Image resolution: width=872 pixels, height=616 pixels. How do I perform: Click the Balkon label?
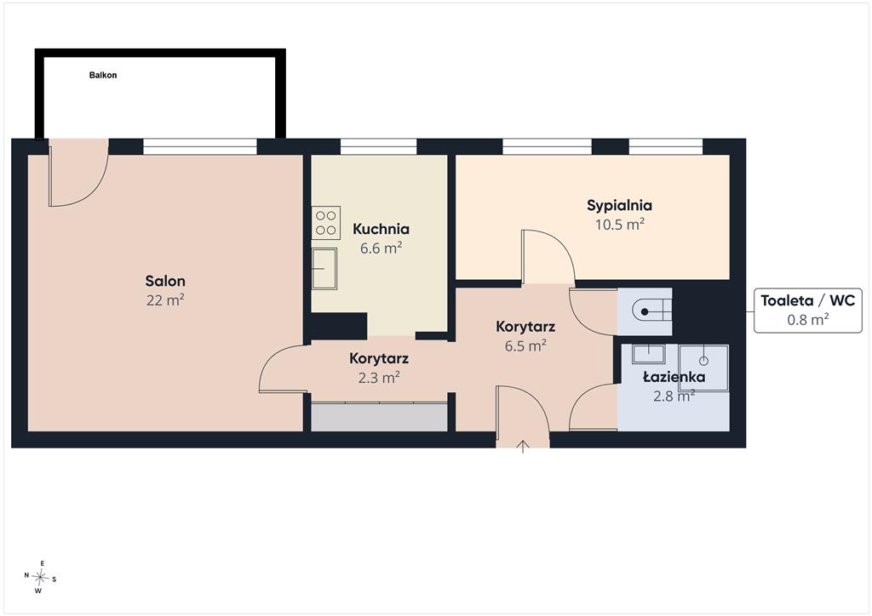click(103, 75)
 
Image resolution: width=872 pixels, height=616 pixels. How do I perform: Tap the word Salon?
click(165, 281)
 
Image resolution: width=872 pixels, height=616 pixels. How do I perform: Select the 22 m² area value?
click(165, 300)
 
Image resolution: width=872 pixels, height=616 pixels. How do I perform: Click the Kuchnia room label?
click(381, 229)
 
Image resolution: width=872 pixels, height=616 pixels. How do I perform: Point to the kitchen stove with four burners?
click(326, 223)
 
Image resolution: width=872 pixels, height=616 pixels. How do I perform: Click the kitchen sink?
click(324, 269)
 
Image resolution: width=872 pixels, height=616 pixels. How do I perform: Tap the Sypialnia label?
click(620, 206)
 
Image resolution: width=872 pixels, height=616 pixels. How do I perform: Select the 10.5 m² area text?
click(620, 225)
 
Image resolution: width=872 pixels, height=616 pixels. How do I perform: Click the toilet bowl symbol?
click(651, 311)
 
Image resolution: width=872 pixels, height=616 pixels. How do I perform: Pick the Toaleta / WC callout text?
click(807, 300)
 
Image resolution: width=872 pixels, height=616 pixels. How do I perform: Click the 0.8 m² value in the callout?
click(807, 319)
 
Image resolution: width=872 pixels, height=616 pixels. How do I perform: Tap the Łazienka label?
click(674, 377)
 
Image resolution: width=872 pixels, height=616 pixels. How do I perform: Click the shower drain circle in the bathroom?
click(703, 361)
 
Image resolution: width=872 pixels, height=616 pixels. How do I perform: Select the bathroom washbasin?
click(648, 353)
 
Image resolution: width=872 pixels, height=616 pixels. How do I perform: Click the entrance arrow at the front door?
click(523, 446)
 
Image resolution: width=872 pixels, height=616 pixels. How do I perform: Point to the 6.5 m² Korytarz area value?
click(525, 346)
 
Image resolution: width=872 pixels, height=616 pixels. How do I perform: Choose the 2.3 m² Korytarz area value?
click(379, 378)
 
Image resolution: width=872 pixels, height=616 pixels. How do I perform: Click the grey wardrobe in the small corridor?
click(379, 417)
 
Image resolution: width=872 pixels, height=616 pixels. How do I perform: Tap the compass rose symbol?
click(40, 578)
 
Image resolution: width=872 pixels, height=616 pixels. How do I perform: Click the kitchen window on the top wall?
click(378, 146)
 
